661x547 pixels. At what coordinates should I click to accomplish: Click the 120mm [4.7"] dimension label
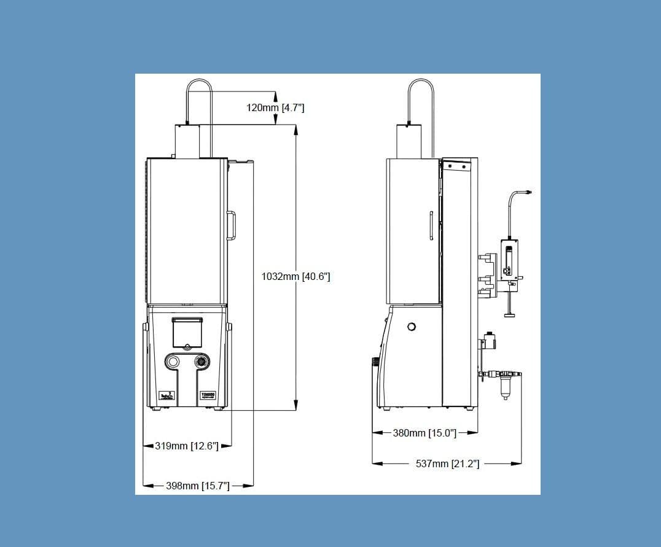pos(275,108)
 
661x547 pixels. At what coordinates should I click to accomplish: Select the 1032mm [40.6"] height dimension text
pos(295,276)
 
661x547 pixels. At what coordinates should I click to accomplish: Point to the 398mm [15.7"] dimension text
pos(198,486)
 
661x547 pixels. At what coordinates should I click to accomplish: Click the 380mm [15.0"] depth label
pos(424,433)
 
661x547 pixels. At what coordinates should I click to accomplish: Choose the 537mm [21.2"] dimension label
pos(447,464)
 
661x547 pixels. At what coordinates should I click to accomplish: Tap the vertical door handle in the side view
pos(431,225)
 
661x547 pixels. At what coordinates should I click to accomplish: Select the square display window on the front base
pos(187,333)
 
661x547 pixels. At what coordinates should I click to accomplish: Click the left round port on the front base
pos(174,362)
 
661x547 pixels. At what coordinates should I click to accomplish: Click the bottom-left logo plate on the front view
pos(166,396)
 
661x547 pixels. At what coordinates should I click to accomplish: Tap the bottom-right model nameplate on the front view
pos(207,396)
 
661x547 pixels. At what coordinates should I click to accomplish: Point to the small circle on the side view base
pos(412,327)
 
